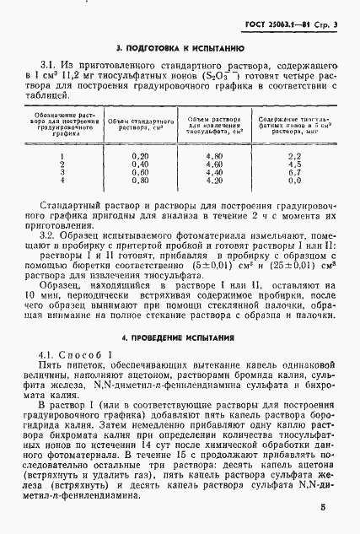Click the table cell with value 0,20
140,156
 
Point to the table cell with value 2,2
294,156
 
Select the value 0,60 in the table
140,172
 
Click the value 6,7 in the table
294,172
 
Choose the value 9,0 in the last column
294,180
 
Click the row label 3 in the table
63,172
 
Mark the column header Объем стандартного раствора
141,127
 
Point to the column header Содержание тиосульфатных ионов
294,127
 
